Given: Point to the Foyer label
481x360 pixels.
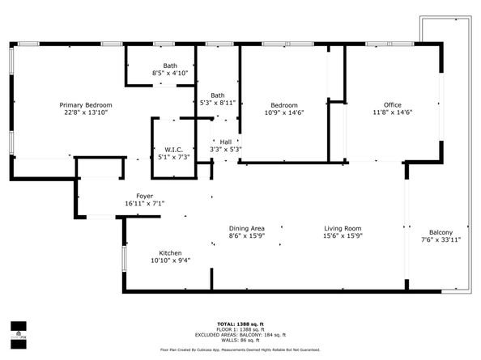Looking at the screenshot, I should click(x=144, y=195).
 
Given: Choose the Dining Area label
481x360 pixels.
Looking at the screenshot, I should click(x=246, y=227).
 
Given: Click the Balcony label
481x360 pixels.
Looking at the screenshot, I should click(x=441, y=231).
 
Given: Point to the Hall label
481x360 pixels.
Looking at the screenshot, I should click(x=225, y=142).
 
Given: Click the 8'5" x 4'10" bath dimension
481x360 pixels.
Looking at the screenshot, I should click(x=170, y=74).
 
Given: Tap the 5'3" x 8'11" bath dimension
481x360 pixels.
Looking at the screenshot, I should click(x=218, y=104).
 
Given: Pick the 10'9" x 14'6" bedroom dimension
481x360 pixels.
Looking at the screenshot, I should click(x=283, y=114).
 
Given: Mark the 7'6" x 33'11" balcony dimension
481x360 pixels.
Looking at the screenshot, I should click(x=441, y=240).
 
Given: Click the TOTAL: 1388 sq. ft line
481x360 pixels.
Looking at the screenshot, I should click(x=240, y=324).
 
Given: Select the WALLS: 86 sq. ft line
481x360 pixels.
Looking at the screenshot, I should click(x=240, y=339).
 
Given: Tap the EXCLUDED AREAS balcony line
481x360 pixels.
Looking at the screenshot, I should click(x=240, y=334).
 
